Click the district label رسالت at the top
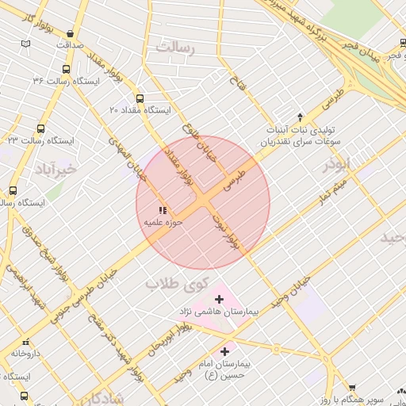pos(175,48)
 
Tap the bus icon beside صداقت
pos(72,34)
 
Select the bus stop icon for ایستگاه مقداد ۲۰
pos(140,99)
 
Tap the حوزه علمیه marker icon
pos(163,211)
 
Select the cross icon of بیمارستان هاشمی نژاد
pos(220,299)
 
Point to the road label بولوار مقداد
pos(177,169)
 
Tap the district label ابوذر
pos(335,166)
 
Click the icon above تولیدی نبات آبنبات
pos(300,117)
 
